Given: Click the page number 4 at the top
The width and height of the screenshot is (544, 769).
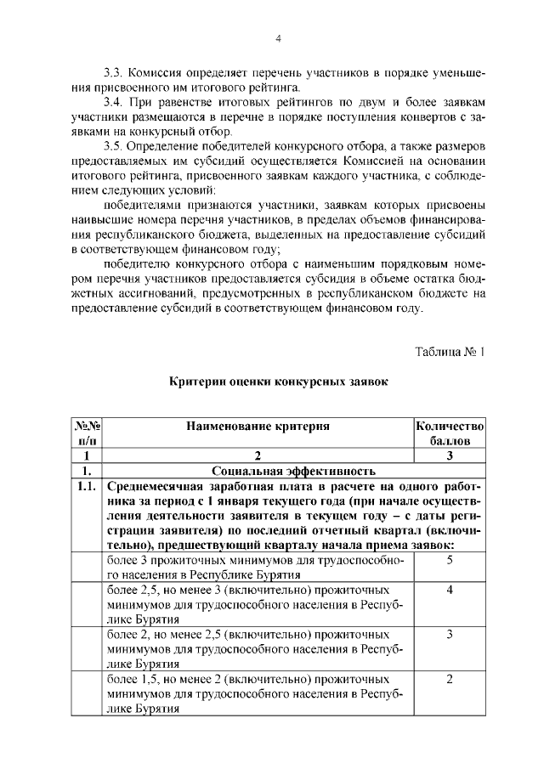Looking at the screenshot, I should point(278,38).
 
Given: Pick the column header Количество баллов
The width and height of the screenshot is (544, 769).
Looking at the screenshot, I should point(450,433).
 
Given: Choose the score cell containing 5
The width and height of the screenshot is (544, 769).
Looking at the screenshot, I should point(449,561).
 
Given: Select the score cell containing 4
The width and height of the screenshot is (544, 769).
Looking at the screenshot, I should point(449,589).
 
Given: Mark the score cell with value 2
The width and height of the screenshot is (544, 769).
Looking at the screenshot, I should point(449,679).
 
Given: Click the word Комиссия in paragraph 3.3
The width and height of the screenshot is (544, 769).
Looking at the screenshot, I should point(164,71).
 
